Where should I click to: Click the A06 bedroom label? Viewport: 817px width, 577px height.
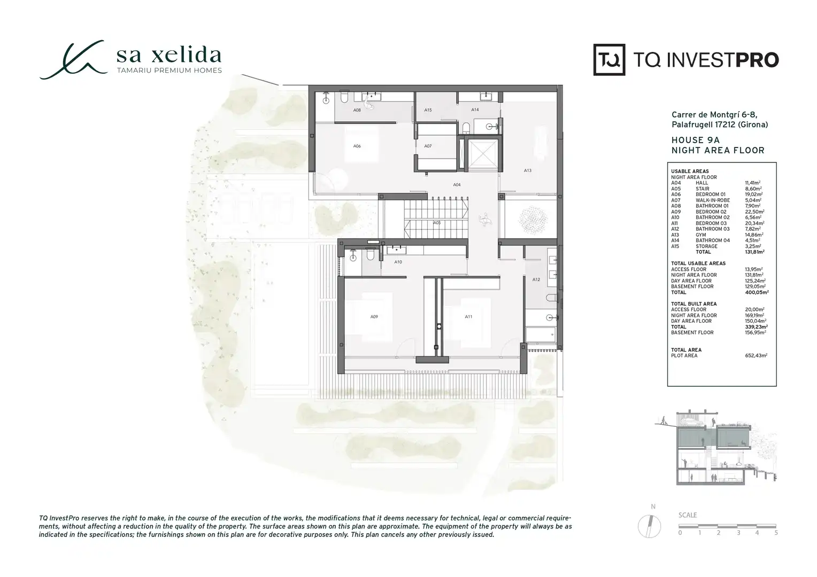point(357,146)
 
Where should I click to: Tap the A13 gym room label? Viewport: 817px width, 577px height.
point(527,170)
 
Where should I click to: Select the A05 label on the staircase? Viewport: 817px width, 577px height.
point(437,223)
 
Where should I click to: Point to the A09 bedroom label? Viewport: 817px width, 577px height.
point(374,317)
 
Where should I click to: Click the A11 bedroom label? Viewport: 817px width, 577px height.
point(468,317)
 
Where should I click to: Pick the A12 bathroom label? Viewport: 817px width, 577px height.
point(536,279)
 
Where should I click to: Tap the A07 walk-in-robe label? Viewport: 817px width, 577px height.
point(428,146)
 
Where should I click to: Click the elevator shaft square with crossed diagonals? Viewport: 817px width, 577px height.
point(482,154)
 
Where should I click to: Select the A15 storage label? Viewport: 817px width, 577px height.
point(428,110)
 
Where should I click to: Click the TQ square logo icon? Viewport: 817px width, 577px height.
point(609,60)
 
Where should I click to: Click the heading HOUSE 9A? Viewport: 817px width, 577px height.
point(695,140)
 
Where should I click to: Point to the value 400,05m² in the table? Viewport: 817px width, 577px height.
point(757,292)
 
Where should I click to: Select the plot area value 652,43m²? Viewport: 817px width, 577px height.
point(756,355)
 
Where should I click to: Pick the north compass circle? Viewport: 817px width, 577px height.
point(649,526)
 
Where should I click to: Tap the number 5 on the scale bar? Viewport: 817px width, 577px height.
point(776,533)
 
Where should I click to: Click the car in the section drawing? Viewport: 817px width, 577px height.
point(691,423)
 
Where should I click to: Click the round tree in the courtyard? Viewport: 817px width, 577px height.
point(533,219)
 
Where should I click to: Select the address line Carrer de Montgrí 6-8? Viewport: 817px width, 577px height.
point(714,115)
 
